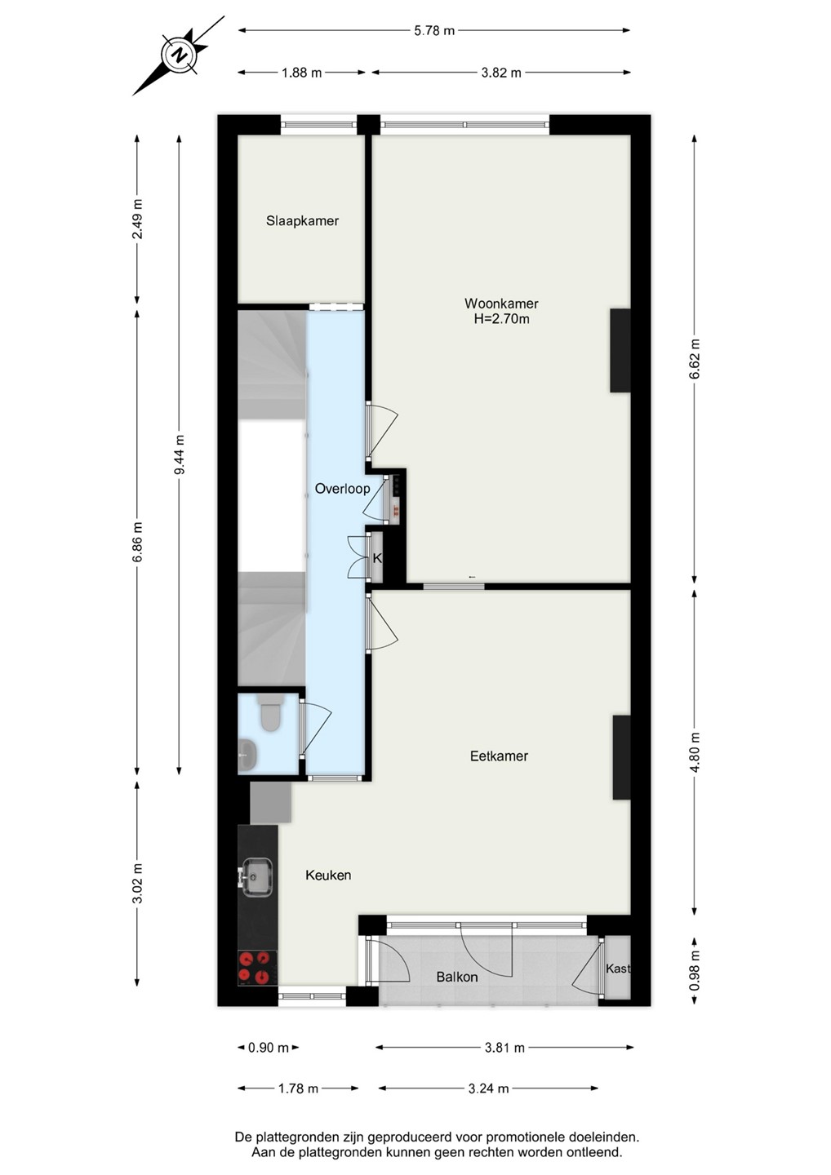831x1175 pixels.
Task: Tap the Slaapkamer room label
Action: [302, 221]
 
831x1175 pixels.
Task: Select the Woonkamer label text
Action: [501, 304]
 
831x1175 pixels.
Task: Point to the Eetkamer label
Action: [499, 756]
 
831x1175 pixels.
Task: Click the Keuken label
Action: [328, 875]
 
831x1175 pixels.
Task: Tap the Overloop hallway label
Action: [342, 489]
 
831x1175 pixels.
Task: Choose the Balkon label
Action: [457, 978]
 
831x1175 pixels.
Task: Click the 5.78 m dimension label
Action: [434, 30]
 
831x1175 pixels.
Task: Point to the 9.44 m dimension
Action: [180, 454]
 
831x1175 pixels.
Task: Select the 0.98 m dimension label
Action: [695, 972]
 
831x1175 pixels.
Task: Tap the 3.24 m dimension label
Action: [488, 1089]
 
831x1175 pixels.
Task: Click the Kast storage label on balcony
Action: [617, 969]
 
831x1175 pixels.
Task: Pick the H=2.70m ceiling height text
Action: [501, 318]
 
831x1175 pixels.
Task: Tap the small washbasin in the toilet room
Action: [247, 755]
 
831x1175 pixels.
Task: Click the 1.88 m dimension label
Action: [302, 73]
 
